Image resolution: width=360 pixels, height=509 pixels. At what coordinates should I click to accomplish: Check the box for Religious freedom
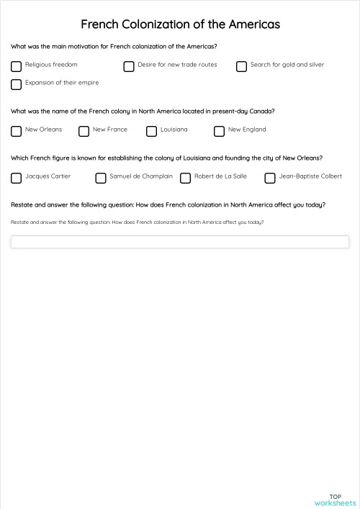click(16, 66)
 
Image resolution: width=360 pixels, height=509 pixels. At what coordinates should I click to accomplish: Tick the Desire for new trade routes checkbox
click(129, 66)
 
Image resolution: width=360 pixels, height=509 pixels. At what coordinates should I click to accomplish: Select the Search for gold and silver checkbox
click(241, 66)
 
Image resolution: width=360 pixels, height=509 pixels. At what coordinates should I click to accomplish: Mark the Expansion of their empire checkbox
click(16, 84)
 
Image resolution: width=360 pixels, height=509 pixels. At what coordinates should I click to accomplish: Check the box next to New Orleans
click(16, 131)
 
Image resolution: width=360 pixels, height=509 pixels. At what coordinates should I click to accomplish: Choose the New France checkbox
click(84, 131)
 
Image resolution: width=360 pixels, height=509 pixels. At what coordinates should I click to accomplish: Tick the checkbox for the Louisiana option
click(151, 131)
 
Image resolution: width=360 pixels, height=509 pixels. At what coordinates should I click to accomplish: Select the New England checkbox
click(219, 131)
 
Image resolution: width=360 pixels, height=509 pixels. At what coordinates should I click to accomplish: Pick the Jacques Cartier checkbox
click(16, 178)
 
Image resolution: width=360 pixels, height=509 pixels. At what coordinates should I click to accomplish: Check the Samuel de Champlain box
click(101, 178)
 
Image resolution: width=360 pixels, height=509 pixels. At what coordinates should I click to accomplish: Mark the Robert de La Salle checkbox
click(185, 178)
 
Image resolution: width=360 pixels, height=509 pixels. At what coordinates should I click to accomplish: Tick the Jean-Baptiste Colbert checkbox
click(270, 178)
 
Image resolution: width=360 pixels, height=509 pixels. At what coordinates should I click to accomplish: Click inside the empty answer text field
click(179, 242)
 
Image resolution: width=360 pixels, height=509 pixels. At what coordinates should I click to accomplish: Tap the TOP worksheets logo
click(335, 500)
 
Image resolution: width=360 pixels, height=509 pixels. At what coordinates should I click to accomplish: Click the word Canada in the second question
click(260, 111)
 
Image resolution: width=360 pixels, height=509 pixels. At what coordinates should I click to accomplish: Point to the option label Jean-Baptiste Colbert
click(310, 176)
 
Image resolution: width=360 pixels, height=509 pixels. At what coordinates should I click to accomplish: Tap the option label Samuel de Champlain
click(141, 176)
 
